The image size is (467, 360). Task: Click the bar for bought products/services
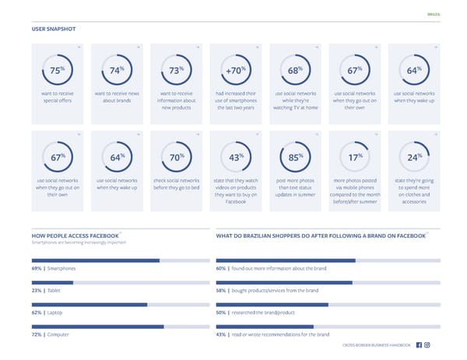[x=284, y=282]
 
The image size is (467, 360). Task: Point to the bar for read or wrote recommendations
[x=265, y=327]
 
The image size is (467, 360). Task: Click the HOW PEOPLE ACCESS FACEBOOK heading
[x=75, y=235]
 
